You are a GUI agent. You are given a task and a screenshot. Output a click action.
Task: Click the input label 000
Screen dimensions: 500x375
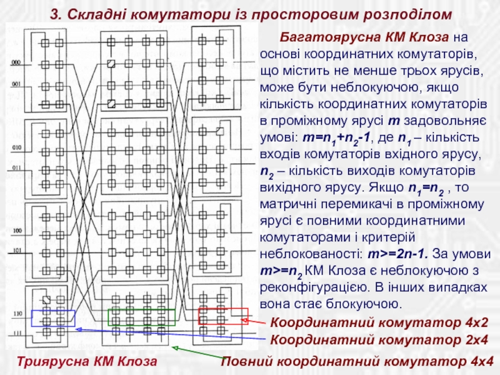[16, 63]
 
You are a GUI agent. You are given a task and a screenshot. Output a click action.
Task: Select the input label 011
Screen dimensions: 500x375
[16, 168]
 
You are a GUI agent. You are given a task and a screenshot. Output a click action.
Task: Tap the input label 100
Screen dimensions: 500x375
[16, 231]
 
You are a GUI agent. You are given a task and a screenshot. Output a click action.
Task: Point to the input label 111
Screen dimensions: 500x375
[16, 331]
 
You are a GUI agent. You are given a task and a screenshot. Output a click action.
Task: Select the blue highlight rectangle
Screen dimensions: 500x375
[54, 318]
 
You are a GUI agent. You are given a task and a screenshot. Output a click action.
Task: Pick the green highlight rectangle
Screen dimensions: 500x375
[132, 317]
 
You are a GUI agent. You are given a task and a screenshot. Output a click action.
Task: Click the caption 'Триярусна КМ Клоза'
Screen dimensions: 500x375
[87, 362]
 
